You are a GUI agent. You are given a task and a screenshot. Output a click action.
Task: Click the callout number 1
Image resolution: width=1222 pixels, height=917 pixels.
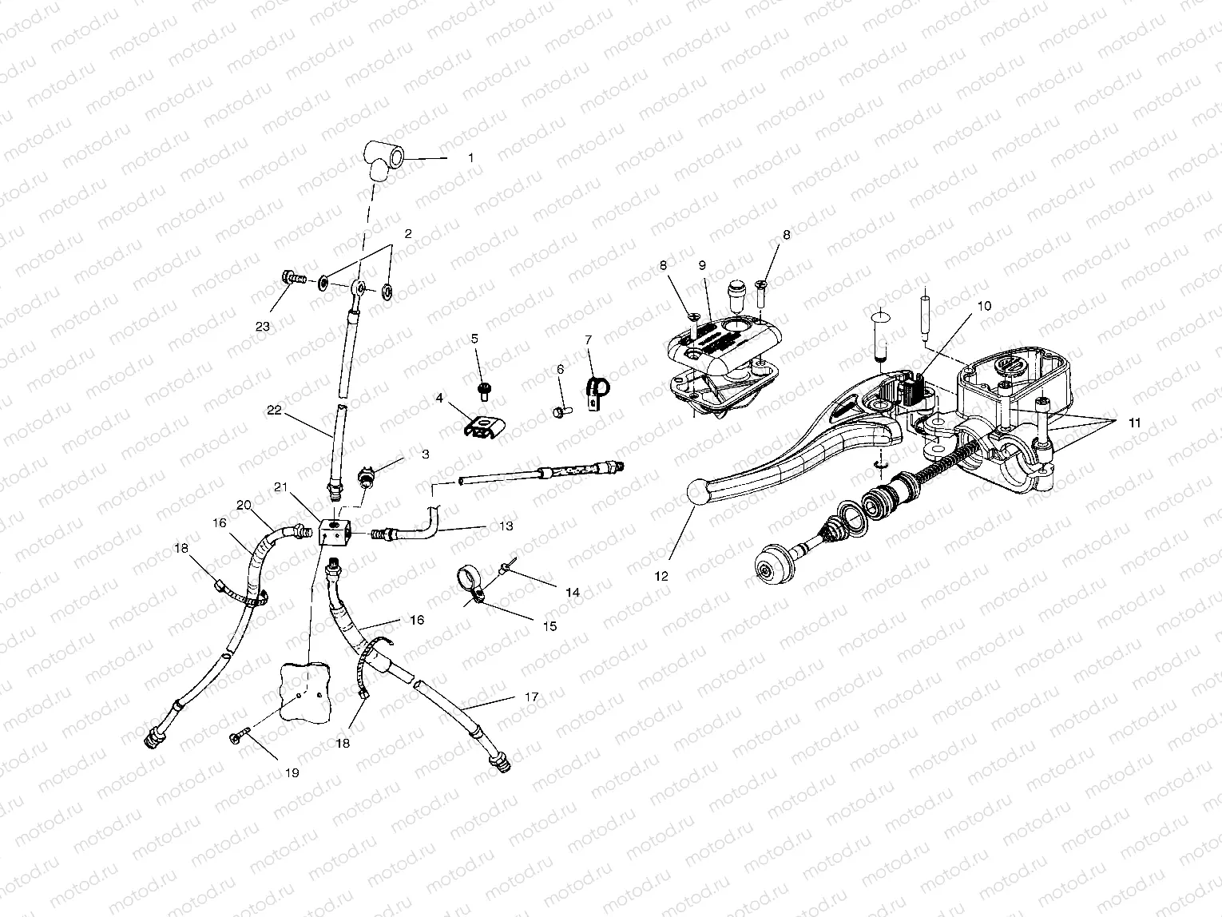click(x=470, y=158)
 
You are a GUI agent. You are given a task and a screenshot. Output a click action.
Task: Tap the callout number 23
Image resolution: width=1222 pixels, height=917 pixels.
click(x=264, y=326)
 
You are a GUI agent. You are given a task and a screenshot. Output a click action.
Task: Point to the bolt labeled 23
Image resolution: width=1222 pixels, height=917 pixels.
click(x=294, y=279)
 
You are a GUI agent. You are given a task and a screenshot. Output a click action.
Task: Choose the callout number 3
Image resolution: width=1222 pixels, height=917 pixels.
click(x=425, y=454)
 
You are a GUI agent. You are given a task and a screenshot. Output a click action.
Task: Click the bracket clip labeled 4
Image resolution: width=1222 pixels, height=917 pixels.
click(x=484, y=426)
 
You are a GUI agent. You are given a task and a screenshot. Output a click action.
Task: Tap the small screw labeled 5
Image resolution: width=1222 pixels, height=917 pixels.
click(x=484, y=389)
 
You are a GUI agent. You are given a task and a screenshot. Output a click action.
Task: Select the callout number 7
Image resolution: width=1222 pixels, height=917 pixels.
click(x=589, y=339)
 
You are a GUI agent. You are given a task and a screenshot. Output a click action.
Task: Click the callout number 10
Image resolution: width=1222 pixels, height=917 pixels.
click(x=983, y=306)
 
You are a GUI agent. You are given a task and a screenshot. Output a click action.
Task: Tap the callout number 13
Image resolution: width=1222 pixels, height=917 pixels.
click(x=506, y=526)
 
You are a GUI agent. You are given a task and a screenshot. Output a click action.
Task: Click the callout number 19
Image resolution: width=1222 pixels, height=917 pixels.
click(x=292, y=773)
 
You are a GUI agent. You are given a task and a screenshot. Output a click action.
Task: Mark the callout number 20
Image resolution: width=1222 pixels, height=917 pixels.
click(x=244, y=504)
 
